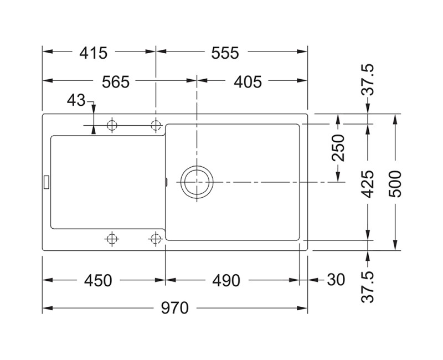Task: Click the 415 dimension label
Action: [x=93, y=53]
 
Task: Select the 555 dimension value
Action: [x=224, y=53]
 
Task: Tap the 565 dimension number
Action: [x=116, y=82]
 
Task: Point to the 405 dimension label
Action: [x=247, y=82]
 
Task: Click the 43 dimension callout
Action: [x=76, y=101]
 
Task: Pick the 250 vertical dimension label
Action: [x=338, y=148]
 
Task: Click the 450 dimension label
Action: [x=98, y=281]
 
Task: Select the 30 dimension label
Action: [x=336, y=281]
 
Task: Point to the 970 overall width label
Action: [x=174, y=307]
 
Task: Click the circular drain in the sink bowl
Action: [x=196, y=182]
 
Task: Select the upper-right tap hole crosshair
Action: [x=156, y=126]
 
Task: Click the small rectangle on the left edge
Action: [x=46, y=180]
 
